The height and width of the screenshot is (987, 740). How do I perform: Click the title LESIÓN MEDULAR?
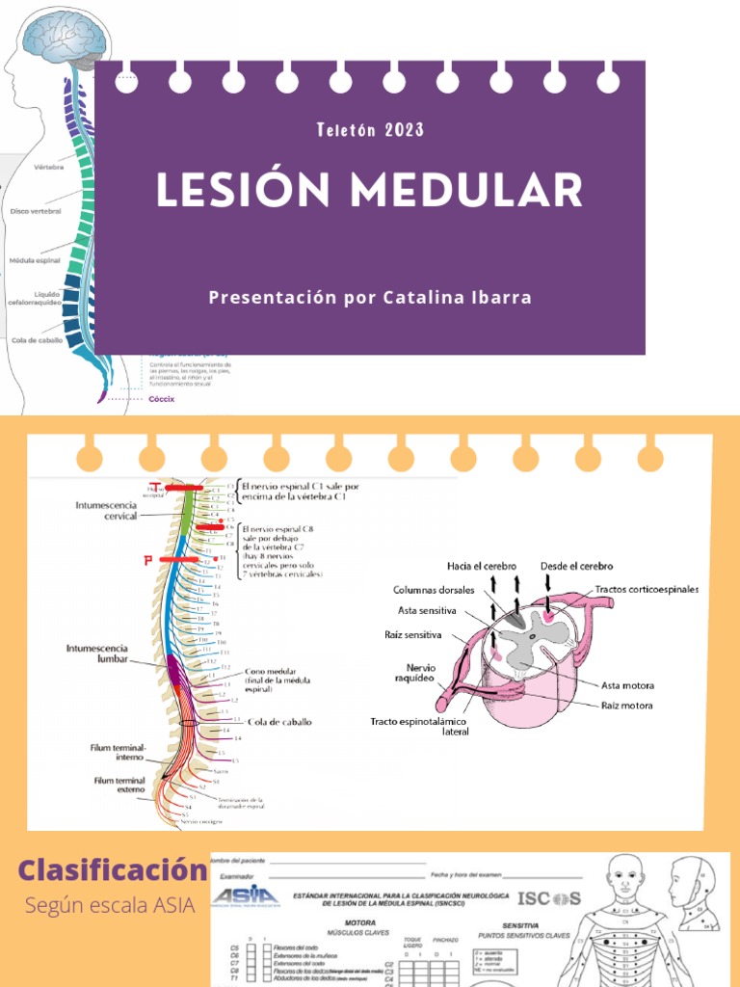369,191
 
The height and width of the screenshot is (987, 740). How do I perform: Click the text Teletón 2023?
369,130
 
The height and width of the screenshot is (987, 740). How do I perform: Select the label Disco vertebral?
36,210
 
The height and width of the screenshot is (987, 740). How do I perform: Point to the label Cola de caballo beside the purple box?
38,340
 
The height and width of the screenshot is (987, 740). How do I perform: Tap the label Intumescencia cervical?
106,510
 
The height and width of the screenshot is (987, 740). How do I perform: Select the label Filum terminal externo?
119,786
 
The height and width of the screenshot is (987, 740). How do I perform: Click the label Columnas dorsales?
434,590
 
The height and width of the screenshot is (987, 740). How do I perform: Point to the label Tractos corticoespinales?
647,589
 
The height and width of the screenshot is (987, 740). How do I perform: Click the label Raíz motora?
626,706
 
